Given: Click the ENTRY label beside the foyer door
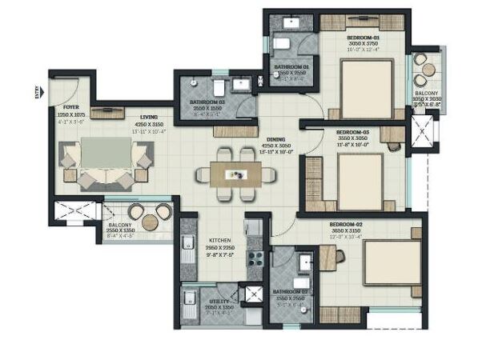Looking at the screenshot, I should (x=37, y=91).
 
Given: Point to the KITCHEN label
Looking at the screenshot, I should (x=220, y=239).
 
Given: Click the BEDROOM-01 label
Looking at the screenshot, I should (x=364, y=38).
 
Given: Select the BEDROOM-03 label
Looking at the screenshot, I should (x=352, y=132).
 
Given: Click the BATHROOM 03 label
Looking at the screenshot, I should (x=207, y=102).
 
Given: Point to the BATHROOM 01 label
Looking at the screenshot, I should (x=292, y=66).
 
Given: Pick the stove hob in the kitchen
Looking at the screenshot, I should (x=258, y=259).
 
